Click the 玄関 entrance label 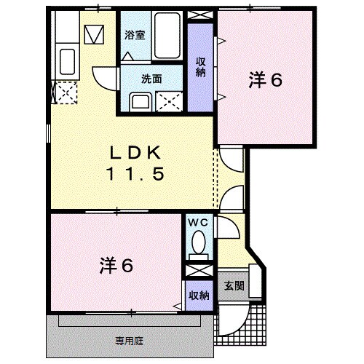pyautogui.click(x=232, y=285)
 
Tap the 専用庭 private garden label pyautogui.click(x=127, y=339)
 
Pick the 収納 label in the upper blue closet pyautogui.click(x=200, y=68)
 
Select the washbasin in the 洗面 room pyautogui.click(x=139, y=101)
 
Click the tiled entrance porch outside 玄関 pyautogui.click(x=244, y=320)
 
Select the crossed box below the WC pyautogui.click(x=196, y=270)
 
